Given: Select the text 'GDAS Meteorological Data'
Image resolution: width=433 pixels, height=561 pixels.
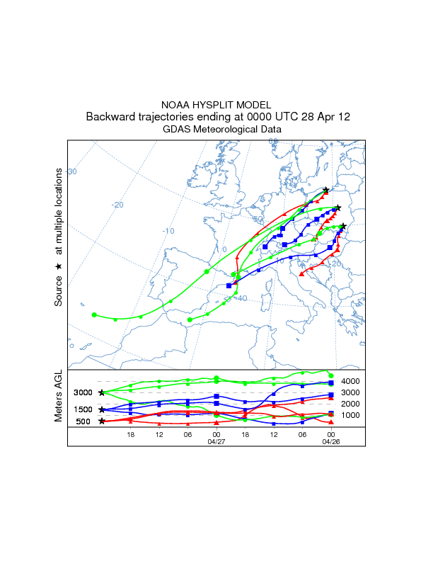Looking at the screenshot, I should [221, 130].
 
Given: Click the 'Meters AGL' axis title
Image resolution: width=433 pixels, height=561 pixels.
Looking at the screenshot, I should [59, 397].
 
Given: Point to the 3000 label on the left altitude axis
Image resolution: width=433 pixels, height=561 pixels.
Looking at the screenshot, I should [83, 392].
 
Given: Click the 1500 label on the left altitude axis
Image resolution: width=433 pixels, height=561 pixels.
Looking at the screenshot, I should [83, 409].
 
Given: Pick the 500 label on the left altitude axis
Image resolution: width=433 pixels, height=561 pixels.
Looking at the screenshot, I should [83, 421].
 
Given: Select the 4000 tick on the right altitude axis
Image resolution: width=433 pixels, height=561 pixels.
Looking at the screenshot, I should [351, 381].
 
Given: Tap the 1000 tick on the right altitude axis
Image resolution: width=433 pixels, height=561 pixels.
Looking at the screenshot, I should [351, 415].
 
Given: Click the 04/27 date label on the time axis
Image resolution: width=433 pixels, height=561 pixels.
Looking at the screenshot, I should [216, 441].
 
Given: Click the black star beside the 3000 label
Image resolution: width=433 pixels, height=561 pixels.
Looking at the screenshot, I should [102, 392].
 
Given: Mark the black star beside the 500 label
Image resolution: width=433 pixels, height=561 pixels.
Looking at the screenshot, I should [102, 421].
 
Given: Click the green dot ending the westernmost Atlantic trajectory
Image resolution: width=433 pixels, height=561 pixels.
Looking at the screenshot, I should [94, 314].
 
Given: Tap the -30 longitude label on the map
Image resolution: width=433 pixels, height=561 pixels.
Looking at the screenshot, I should [71, 171].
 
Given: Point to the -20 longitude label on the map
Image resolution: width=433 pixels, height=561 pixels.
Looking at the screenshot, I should [117, 205].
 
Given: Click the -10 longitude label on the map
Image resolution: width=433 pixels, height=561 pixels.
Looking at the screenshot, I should [168, 231].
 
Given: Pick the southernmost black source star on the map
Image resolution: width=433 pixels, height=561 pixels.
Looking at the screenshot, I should [343, 227].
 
